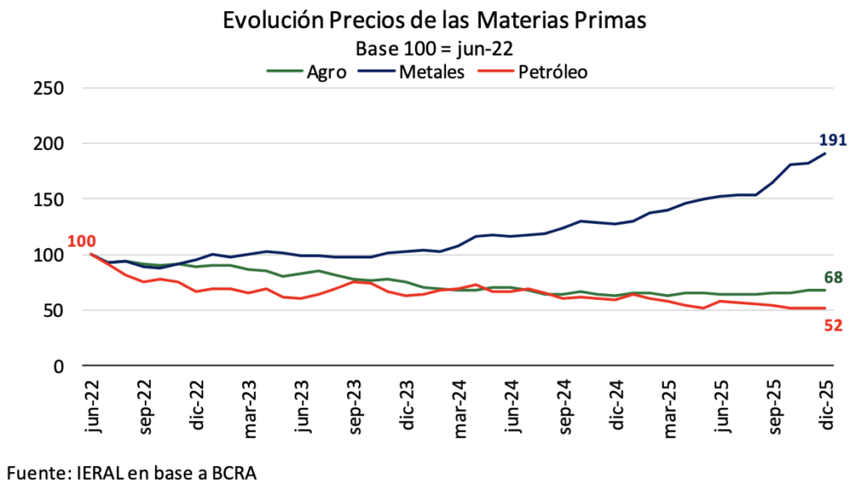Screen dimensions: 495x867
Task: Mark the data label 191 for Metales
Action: click(832, 141)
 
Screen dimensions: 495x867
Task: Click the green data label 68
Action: click(832, 277)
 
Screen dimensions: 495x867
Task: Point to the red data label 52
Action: click(832, 325)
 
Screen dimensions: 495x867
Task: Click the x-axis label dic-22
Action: click(197, 407)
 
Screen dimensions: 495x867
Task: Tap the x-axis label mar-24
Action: click(459, 409)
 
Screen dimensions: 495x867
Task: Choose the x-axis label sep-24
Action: click(564, 409)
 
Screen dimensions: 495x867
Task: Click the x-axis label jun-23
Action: click(302, 407)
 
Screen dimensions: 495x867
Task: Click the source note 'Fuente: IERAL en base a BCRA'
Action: click(131, 471)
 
